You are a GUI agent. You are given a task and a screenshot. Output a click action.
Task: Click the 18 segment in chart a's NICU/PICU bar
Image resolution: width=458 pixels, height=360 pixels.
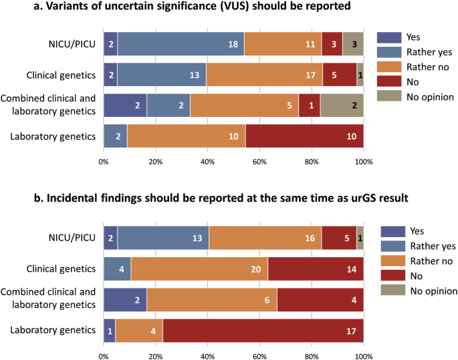click(181, 43)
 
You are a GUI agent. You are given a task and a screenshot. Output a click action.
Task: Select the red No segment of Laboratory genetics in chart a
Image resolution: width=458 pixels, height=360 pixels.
click(305, 136)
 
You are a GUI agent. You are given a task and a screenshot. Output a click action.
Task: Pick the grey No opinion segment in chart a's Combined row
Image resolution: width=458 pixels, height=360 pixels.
click(342, 105)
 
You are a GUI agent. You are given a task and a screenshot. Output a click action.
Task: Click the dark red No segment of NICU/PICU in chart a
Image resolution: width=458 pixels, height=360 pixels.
click(332, 43)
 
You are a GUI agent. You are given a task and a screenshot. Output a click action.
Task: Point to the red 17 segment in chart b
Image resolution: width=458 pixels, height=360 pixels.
click(263, 329)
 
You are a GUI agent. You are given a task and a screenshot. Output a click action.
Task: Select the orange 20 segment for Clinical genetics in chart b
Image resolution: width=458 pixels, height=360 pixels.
click(199, 268)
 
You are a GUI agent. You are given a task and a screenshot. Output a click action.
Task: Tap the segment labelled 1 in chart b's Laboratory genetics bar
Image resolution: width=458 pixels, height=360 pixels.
click(110, 329)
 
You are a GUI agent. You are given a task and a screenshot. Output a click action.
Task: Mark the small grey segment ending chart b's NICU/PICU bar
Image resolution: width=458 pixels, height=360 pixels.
click(360, 237)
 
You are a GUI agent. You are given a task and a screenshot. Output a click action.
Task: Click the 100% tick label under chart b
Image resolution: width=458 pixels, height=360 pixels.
click(363, 353)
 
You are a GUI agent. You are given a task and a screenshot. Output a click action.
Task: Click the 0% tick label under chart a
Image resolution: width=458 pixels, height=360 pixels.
click(104, 161)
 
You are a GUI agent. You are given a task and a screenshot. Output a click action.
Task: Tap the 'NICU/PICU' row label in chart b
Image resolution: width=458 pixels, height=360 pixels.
click(74, 237)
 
